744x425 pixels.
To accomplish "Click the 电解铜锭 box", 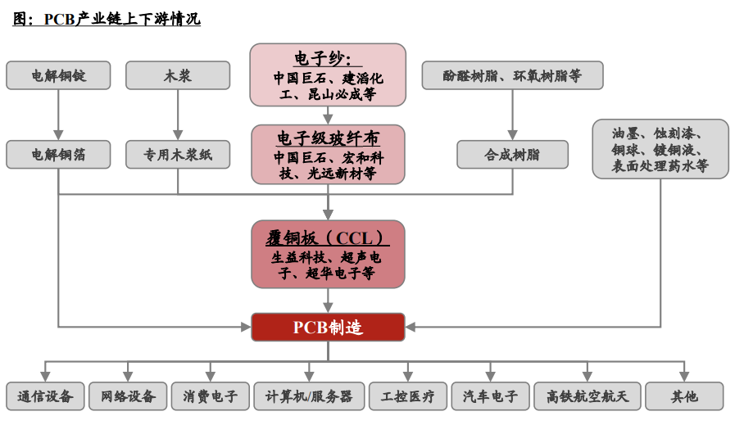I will (58, 75).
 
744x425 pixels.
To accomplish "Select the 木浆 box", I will (178, 75).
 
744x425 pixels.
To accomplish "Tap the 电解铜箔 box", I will (58, 154).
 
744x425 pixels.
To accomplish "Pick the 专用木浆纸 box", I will (178, 154).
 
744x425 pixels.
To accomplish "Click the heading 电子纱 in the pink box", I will (327, 58).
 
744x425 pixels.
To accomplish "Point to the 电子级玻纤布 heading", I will (328, 137).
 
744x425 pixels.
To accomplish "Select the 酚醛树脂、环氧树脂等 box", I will (512, 75).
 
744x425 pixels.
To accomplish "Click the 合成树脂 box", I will (512, 154).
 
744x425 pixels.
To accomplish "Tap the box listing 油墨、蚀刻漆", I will (660, 148).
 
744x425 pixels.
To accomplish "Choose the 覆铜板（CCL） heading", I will (328, 237).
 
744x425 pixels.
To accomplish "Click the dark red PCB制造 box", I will (328, 327).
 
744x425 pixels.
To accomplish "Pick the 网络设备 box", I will (128, 396).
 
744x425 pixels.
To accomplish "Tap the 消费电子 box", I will (210, 396).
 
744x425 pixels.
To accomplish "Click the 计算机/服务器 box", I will (308, 396).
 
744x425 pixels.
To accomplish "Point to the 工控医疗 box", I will (407, 396).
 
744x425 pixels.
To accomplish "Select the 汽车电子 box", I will (490, 396).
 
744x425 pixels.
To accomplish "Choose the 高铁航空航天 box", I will (587, 396).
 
